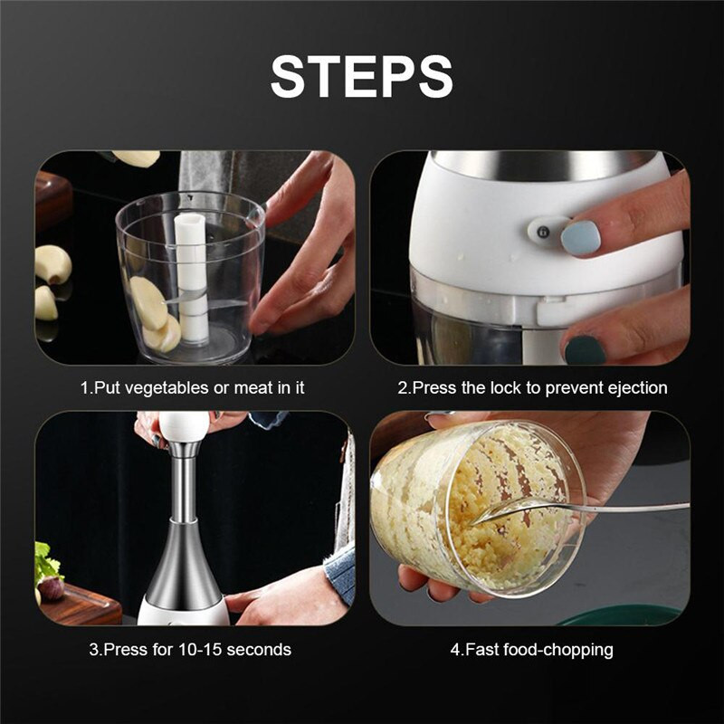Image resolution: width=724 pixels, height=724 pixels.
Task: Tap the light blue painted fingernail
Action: pos(580,237)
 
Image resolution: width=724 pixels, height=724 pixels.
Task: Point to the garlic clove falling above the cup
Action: pos(137,158)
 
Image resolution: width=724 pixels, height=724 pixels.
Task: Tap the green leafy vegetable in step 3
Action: pos(45,566)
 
